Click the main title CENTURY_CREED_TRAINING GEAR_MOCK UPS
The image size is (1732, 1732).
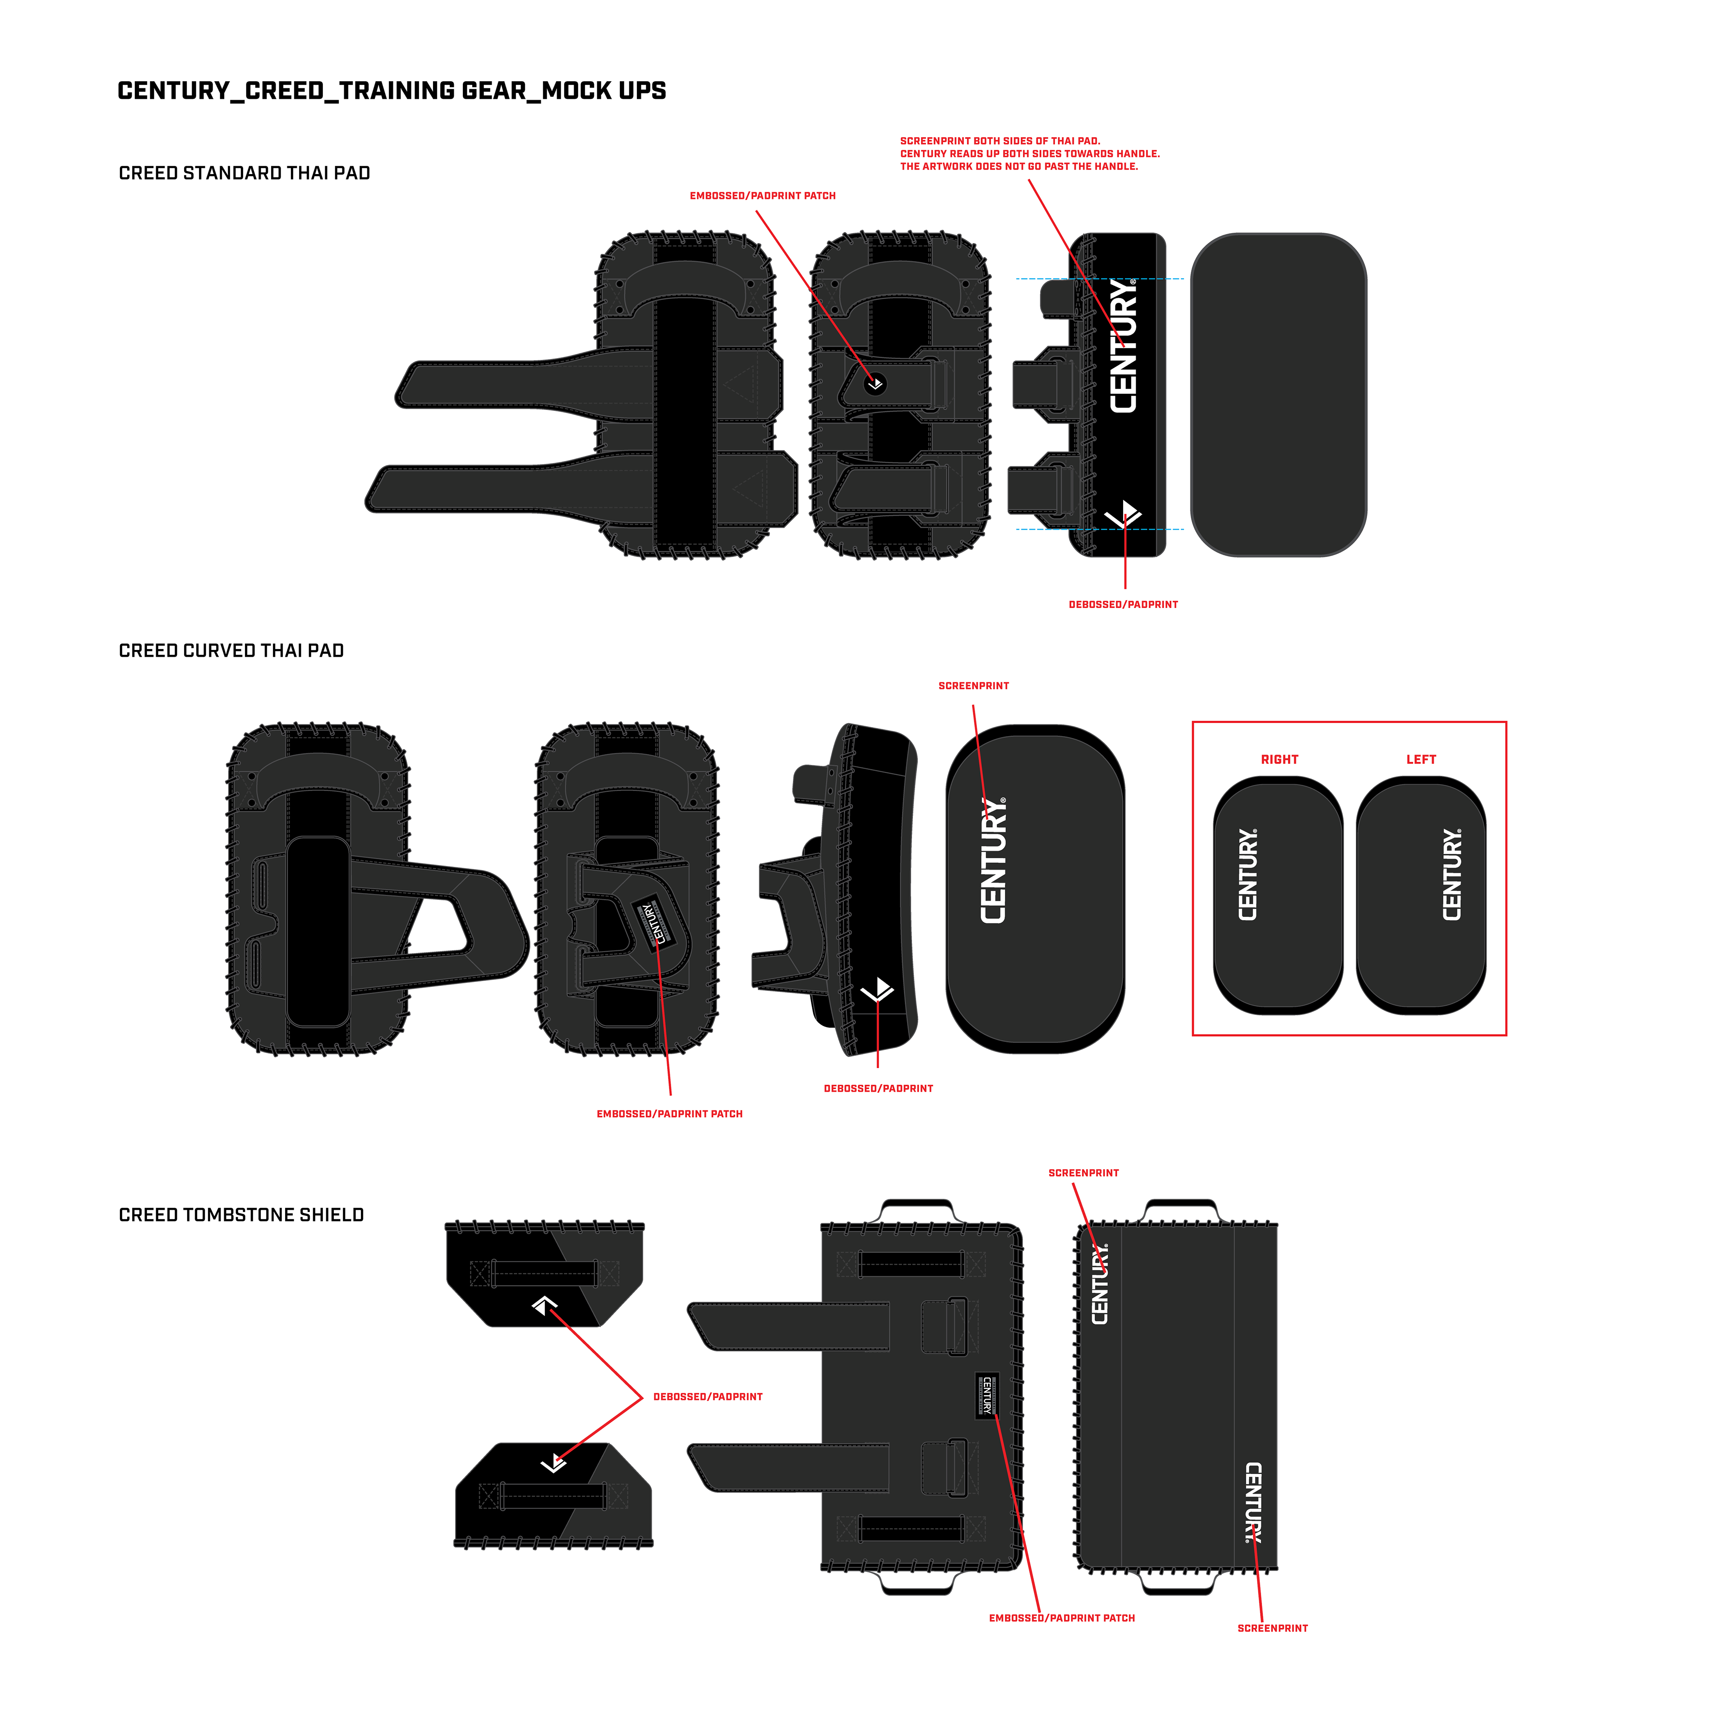(392, 91)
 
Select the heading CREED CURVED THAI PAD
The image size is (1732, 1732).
(231, 651)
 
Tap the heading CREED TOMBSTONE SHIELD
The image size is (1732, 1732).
(241, 1215)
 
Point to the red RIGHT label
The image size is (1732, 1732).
(1279, 759)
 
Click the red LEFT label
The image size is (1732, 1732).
(1421, 759)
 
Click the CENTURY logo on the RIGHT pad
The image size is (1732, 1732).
(1248, 874)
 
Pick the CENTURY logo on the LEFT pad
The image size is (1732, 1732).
(1452, 874)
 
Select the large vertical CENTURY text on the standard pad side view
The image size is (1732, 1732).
(1123, 345)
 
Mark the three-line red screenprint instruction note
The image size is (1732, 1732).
(1029, 153)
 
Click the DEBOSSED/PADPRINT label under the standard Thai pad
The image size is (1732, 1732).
(1123, 604)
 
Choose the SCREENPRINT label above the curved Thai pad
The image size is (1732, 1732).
(974, 686)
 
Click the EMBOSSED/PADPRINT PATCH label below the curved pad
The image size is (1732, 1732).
(670, 1114)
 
